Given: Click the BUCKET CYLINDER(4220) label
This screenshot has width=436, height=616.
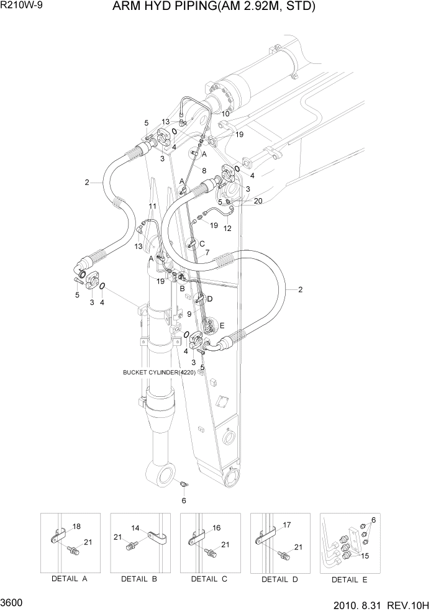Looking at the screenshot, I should coord(160,373).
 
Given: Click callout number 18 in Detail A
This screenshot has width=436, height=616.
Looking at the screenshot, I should coord(76,526).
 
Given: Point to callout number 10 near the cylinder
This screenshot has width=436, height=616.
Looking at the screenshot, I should coord(225,114).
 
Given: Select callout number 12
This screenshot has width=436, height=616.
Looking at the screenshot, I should coord(227,228).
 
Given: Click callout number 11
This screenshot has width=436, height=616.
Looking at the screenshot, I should coord(152,206).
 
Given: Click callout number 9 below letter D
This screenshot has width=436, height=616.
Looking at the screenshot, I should coord(189,314).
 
